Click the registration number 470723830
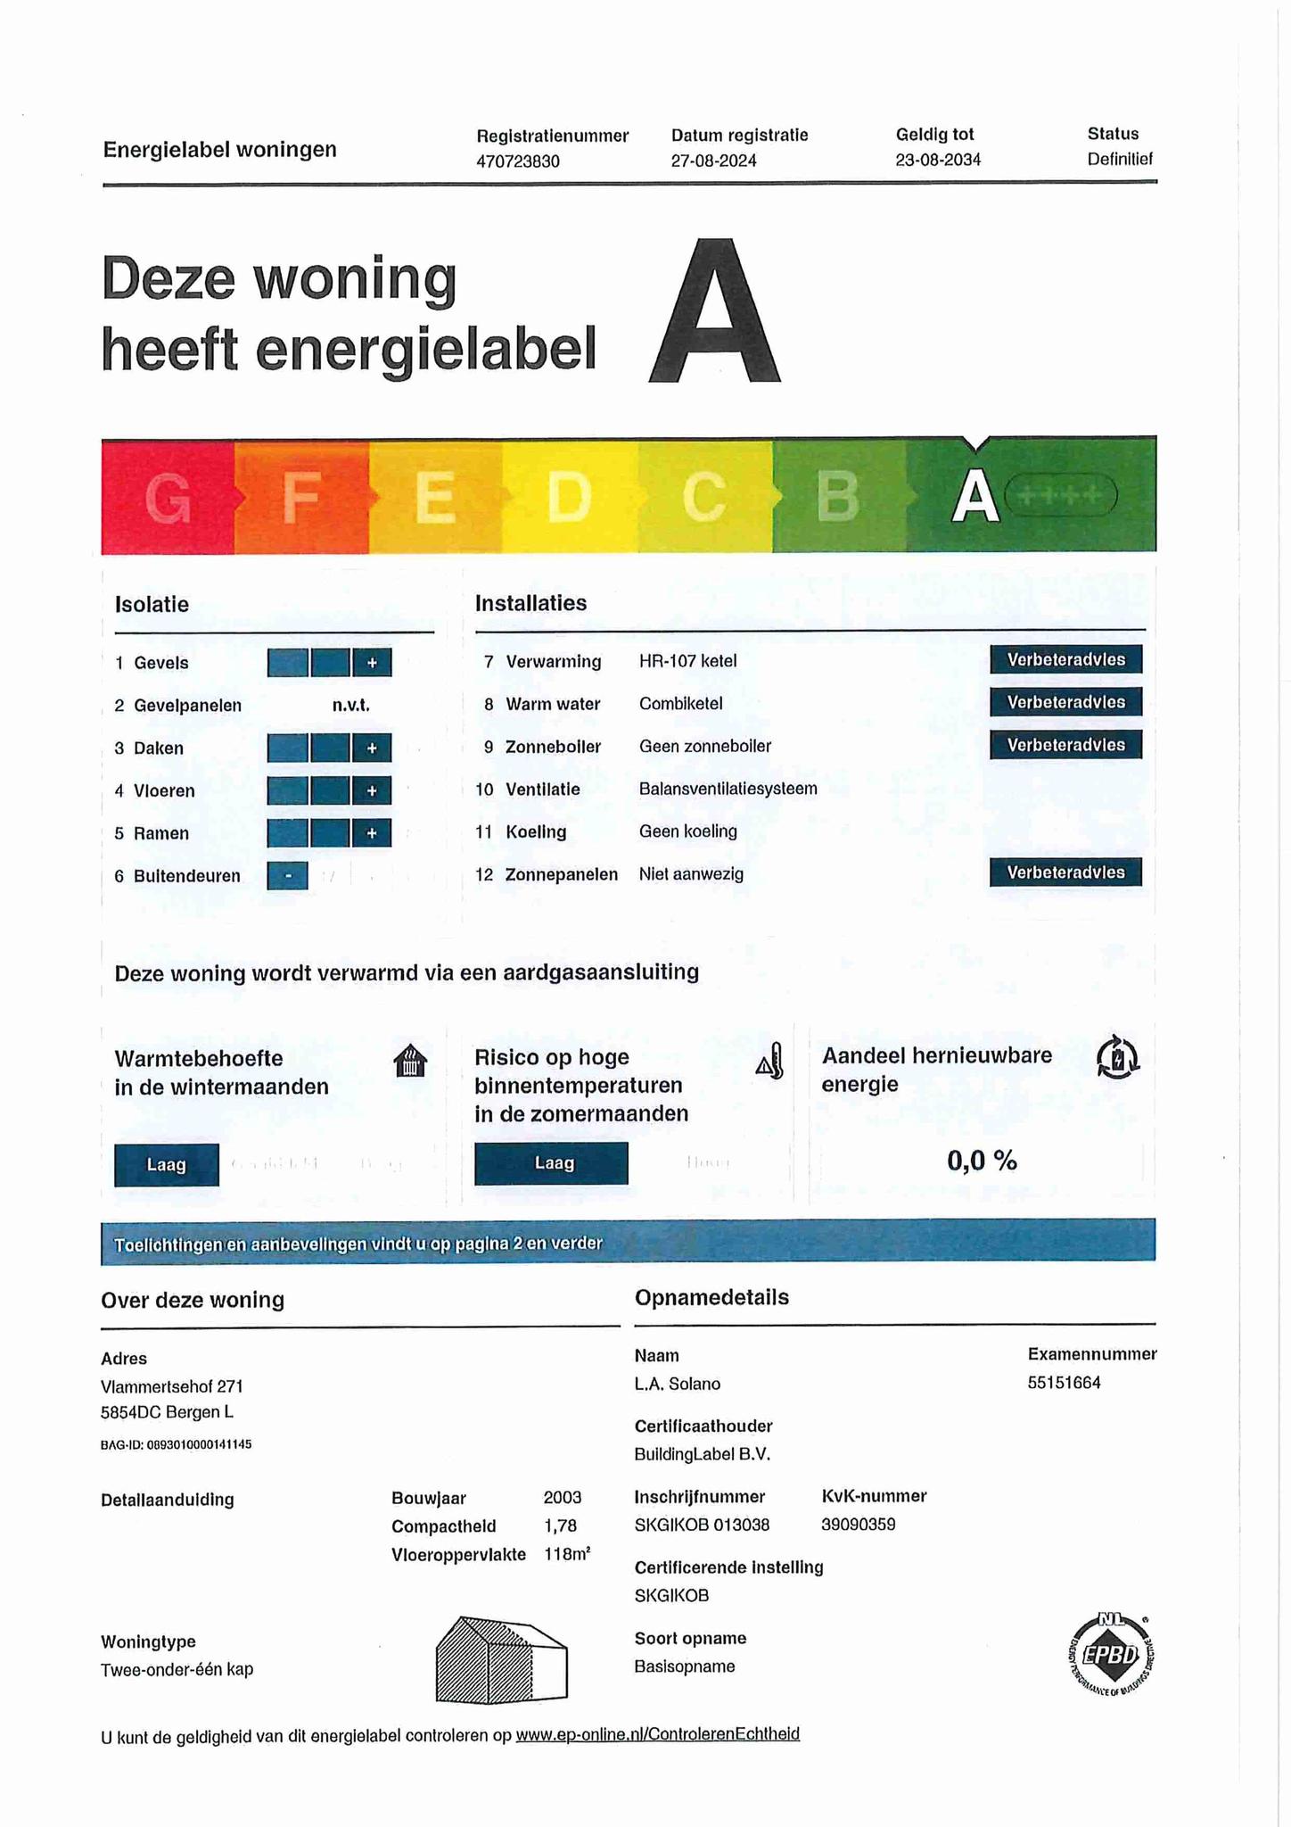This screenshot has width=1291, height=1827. tap(518, 161)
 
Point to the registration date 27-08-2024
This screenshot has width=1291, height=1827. tap(713, 161)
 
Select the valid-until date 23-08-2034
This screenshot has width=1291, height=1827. tap(938, 160)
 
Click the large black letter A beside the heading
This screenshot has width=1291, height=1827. tap(715, 312)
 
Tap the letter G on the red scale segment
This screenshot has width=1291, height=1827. tap(168, 498)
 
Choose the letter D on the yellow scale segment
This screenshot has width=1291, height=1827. tap(569, 496)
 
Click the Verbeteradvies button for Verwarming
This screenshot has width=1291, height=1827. tap(1065, 660)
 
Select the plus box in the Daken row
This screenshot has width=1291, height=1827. tap(372, 748)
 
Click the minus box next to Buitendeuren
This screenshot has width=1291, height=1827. tap(288, 876)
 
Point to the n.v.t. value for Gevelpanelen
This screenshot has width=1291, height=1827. tap(350, 706)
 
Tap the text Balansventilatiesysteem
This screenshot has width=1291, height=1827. tap(728, 789)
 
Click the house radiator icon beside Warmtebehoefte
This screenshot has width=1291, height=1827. tap(410, 1062)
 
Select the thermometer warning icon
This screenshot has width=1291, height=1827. tap(770, 1062)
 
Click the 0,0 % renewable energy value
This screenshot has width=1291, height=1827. tap(982, 1161)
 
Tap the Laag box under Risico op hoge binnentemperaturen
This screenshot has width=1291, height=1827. tap(551, 1163)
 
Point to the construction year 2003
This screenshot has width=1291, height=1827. tap(562, 1497)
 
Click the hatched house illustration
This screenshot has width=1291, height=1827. tap(501, 1660)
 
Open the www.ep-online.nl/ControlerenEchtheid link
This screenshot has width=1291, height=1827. tap(657, 1734)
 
